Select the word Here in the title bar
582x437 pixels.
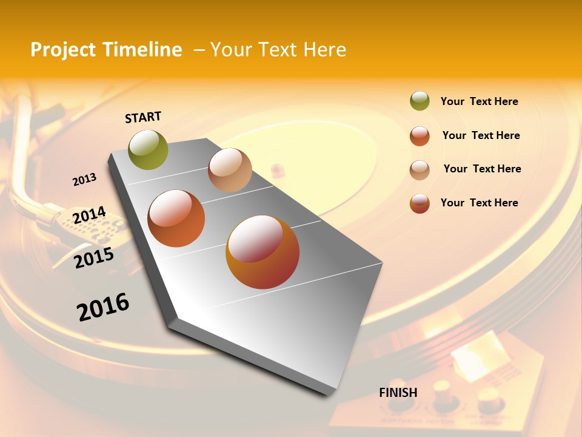(324, 50)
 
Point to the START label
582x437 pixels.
(143, 117)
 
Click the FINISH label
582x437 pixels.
(398, 393)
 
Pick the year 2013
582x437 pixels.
(85, 180)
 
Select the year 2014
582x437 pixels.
(89, 215)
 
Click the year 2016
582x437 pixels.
(103, 307)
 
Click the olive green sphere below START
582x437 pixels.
(149, 149)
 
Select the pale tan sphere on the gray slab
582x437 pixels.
(230, 170)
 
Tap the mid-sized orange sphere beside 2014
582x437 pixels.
(176, 218)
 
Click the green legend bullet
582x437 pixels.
(420, 101)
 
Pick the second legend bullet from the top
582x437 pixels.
(420, 136)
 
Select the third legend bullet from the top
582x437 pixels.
(420, 170)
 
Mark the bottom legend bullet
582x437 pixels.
(420, 203)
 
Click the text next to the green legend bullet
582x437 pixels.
(479, 101)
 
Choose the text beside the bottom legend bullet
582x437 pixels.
(479, 203)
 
